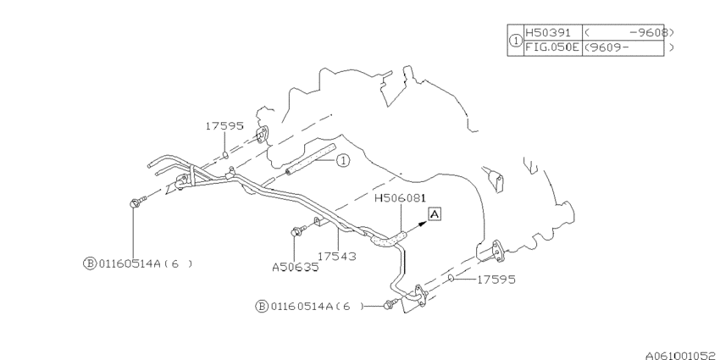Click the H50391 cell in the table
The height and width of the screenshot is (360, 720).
pyautogui.click(x=553, y=32)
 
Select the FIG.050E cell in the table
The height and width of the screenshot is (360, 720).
pyautogui.click(x=553, y=47)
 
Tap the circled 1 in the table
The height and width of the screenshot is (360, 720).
pyautogui.click(x=516, y=41)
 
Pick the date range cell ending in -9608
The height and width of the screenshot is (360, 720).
pyautogui.click(x=623, y=32)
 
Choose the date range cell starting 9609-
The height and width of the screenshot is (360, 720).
pyautogui.click(x=623, y=47)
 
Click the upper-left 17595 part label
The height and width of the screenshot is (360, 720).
pyautogui.click(x=224, y=126)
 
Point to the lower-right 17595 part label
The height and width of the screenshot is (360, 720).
pyautogui.click(x=496, y=280)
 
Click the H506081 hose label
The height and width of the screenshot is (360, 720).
pyautogui.click(x=401, y=198)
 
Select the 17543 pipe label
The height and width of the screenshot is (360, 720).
pyautogui.click(x=336, y=256)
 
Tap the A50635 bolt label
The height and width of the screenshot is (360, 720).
pyautogui.click(x=296, y=267)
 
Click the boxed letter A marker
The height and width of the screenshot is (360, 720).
pyautogui.click(x=435, y=214)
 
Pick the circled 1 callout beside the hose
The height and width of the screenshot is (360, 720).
pyautogui.click(x=343, y=161)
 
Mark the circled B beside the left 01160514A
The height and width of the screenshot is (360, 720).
pyautogui.click(x=89, y=263)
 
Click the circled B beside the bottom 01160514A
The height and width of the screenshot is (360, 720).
pyautogui.click(x=261, y=307)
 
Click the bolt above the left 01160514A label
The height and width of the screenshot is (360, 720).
pyautogui.click(x=138, y=202)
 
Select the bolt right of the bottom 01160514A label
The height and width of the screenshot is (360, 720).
pyautogui.click(x=390, y=304)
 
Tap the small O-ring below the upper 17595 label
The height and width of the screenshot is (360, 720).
pyautogui.click(x=225, y=155)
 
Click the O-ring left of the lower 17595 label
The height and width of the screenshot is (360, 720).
pyautogui.click(x=451, y=279)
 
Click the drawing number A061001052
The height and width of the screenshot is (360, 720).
pyautogui.click(x=683, y=356)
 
